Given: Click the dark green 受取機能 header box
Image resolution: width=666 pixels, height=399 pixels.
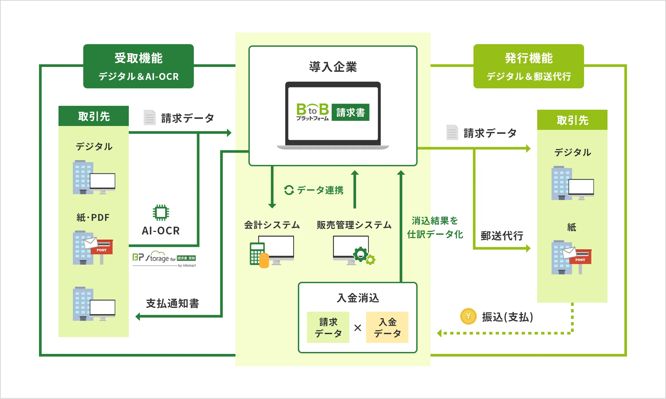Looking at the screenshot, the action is [x=138, y=66].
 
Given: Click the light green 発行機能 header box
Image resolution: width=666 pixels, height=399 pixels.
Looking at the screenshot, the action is [x=529, y=66].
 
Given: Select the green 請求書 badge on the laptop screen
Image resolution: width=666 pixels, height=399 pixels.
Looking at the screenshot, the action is [x=350, y=112].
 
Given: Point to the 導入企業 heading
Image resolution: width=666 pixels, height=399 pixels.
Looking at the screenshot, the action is [x=333, y=67].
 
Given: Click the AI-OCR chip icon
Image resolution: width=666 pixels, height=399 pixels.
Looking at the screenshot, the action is [x=161, y=212].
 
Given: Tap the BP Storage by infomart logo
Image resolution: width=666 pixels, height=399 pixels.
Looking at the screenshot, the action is [x=164, y=259].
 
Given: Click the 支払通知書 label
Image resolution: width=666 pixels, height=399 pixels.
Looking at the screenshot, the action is [x=173, y=303].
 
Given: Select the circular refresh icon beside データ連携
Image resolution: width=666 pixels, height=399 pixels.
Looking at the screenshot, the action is [x=289, y=190].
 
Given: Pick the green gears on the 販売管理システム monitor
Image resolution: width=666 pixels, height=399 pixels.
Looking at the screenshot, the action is [x=364, y=256].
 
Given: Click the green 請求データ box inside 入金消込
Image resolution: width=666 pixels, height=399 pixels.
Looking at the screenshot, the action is [x=328, y=327].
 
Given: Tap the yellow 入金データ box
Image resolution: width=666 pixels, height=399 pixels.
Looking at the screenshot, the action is [x=387, y=327].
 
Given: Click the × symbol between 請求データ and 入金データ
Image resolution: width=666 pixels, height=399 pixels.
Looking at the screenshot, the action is [x=358, y=328].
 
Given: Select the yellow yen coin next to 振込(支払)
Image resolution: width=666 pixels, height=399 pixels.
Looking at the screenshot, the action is [x=468, y=316].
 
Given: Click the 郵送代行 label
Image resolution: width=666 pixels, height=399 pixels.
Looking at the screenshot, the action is [x=502, y=236].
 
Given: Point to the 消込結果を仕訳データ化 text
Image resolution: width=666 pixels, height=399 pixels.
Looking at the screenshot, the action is [x=435, y=227].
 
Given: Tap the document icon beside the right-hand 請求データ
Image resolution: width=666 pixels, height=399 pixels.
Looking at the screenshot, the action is [x=452, y=132].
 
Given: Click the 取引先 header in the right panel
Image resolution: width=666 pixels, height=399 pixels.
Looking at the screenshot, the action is [x=572, y=120].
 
